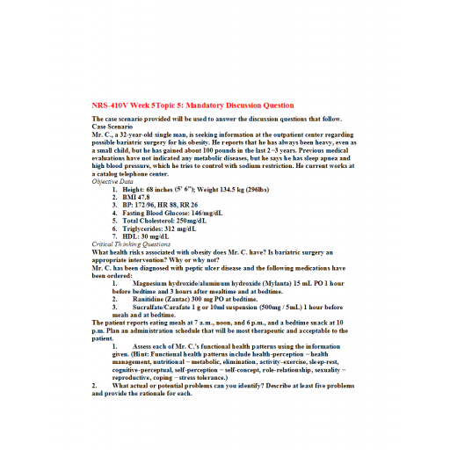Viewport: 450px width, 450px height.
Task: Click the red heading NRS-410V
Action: pyautogui.click(x=111, y=105)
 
